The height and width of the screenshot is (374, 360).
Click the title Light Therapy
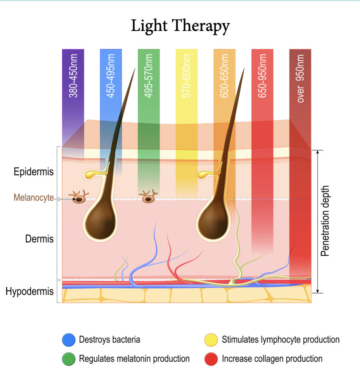pos(180,26)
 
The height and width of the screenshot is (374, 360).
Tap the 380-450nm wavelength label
pos(73,76)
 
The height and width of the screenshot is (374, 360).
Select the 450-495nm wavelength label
pos(111,76)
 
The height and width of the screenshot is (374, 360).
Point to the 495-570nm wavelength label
pos(149,76)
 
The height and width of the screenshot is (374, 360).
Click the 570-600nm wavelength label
pos(187,76)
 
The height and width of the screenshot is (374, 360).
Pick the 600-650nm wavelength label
pos(224,76)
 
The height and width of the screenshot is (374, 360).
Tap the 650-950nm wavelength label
pos(262,76)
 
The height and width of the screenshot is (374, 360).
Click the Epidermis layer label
pos(34,172)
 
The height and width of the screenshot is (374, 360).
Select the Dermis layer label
pos(39,239)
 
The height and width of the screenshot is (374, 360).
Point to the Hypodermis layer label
pos(30,291)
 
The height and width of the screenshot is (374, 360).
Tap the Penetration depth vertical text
pos(325,221)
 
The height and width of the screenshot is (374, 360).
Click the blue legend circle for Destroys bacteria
pos(69,340)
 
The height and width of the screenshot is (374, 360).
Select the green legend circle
pos(69,359)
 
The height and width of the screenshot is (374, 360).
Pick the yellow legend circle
pos(211,340)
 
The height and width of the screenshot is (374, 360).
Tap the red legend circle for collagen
pos(211,359)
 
